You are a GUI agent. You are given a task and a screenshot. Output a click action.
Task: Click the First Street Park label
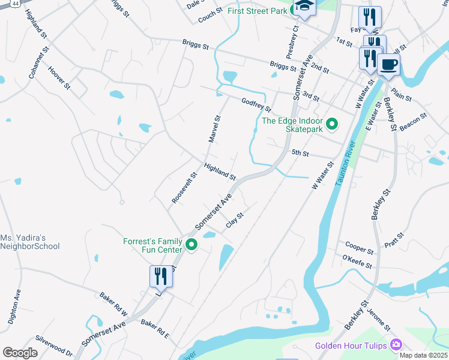259,11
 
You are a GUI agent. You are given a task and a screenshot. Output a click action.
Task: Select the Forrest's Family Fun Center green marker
192,244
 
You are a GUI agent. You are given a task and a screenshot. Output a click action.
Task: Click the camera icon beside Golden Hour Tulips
396,344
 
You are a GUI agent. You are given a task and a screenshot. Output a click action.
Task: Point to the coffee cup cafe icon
389,64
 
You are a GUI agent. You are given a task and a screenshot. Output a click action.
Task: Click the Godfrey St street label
256,105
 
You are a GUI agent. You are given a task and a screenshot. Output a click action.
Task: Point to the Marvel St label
215,129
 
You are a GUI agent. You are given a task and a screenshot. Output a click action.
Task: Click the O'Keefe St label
357,262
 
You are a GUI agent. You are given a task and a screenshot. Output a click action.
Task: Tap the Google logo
20,353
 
